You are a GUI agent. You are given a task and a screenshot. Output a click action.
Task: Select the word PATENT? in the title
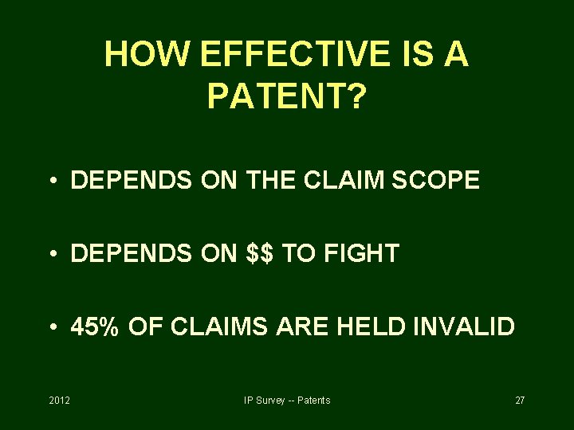click(287, 97)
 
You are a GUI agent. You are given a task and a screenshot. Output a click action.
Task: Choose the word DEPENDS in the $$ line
click(132, 253)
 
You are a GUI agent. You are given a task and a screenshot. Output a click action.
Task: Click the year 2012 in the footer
click(59, 400)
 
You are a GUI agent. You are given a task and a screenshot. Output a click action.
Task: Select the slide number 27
click(519, 400)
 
